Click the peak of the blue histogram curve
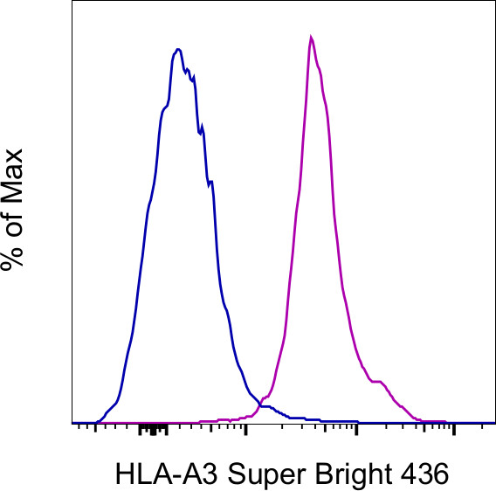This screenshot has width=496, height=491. click(x=178, y=50)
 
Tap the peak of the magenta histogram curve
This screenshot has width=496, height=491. click(x=311, y=38)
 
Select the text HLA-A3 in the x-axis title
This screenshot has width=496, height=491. click(x=156, y=474)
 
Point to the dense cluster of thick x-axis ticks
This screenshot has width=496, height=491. click(x=154, y=429)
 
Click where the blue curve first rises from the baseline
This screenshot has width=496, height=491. click(x=99, y=418)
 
